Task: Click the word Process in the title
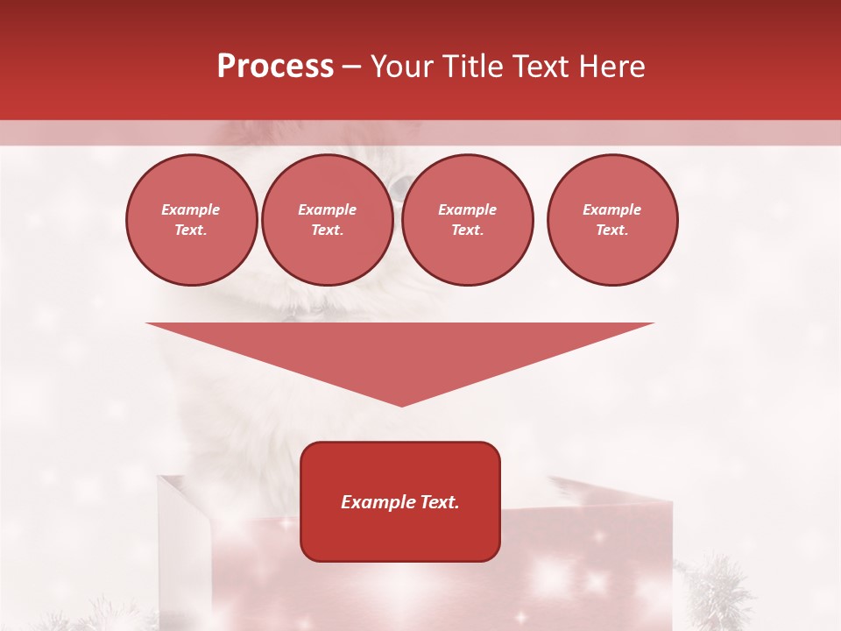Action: coord(275,67)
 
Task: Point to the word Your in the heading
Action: coord(403,67)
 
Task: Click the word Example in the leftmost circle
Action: coord(191,209)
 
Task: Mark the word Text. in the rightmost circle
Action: coord(611,230)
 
